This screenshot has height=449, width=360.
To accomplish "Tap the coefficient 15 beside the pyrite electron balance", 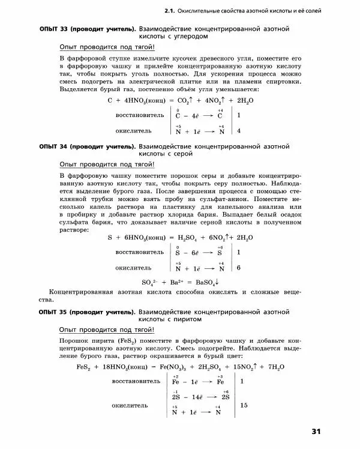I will [244, 406].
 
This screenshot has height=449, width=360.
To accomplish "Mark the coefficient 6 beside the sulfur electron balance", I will [239, 268].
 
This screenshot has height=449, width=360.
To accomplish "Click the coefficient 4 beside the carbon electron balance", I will [239, 130].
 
